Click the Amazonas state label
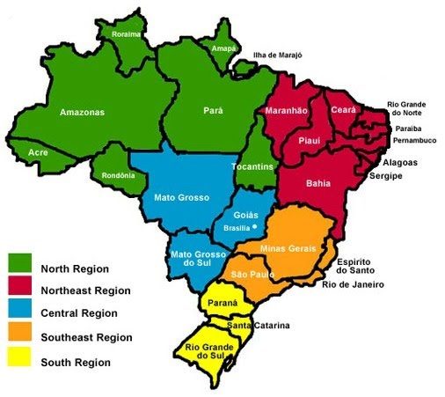[82, 112]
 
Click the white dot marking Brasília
[254, 227]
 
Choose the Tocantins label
[255, 165]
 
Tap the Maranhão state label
[285, 111]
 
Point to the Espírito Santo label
[355, 266]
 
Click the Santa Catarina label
[259, 326]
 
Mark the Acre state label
[38, 152]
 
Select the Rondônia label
[119, 174]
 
